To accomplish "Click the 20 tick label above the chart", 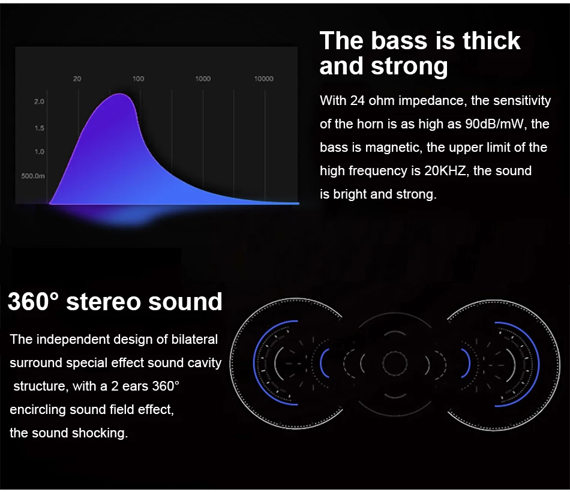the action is tap(77, 79).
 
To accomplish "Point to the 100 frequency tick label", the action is tap(138, 79).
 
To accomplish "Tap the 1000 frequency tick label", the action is tap(203, 79).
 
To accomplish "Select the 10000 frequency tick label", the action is tap(263, 79).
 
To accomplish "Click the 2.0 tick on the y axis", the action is tap(39, 101).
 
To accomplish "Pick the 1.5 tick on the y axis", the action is tap(39, 128).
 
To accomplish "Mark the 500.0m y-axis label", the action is tap(33, 176).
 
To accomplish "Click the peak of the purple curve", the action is tap(120, 94).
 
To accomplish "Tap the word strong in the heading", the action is tap(409, 67).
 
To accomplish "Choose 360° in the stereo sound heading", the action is tap(33, 301).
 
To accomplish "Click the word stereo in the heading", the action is tap(103, 302).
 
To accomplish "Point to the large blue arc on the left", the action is tap(254, 364).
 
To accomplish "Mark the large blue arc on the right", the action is tap(538, 364).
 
